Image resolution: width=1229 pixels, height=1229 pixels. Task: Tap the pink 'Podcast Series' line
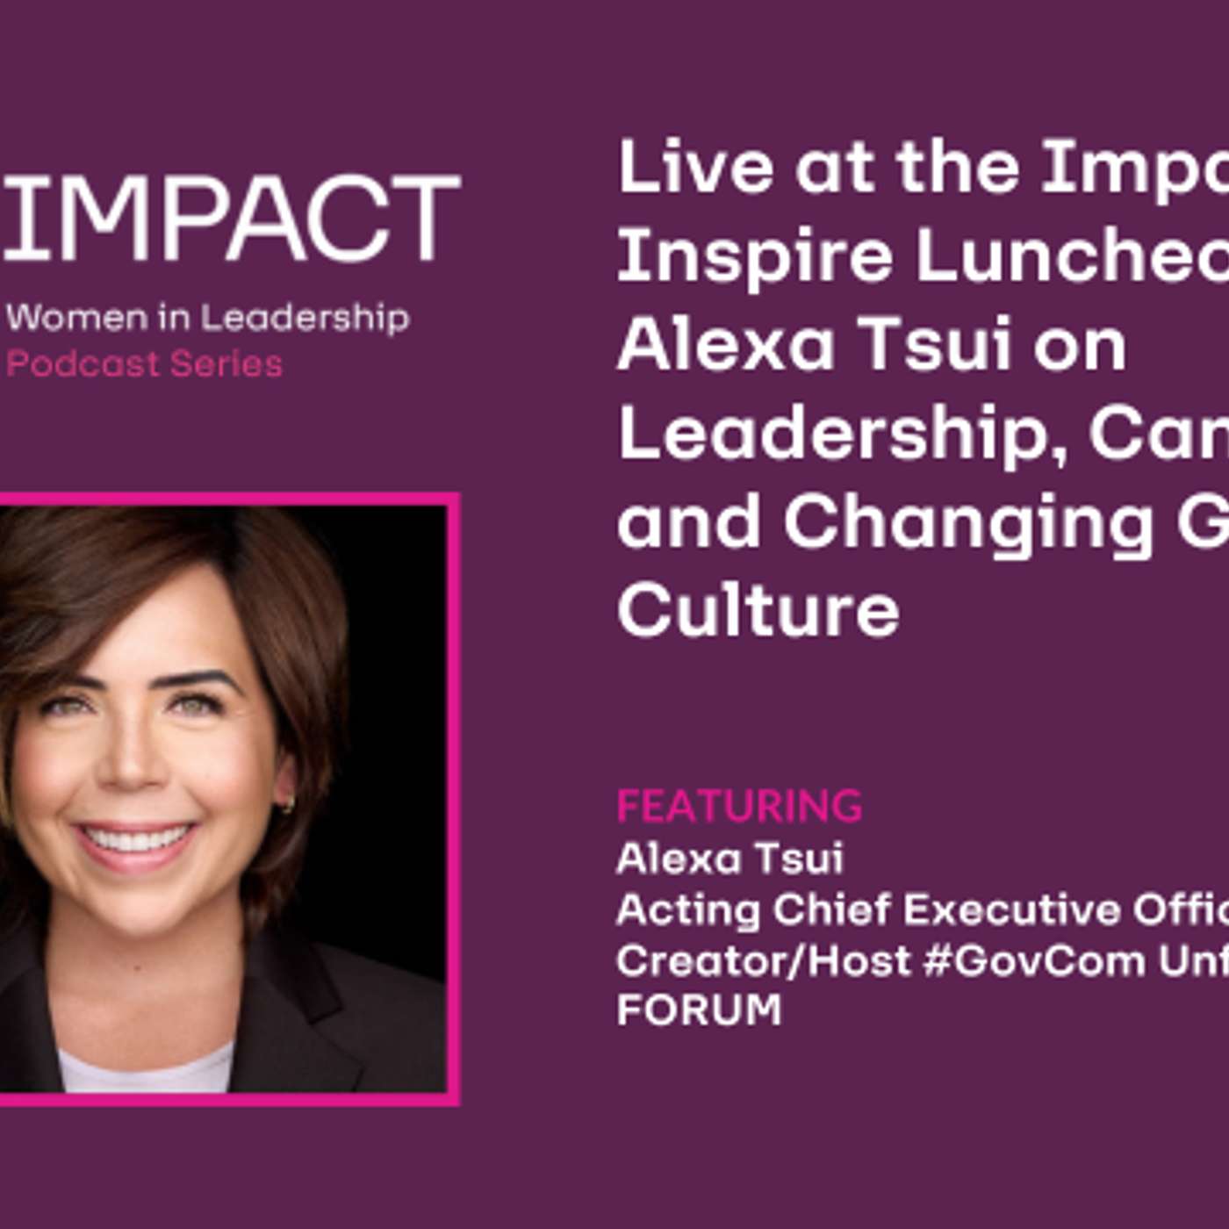[x=145, y=363]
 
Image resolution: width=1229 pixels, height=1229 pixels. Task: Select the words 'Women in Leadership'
[x=207, y=317]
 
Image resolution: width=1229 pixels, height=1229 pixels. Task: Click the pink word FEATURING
[x=739, y=806]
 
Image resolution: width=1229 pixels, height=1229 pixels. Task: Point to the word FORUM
[x=699, y=1010]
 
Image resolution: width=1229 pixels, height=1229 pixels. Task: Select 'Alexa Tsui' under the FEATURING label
[x=729, y=858]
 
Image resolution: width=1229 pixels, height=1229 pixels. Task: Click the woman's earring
[x=287, y=803]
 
